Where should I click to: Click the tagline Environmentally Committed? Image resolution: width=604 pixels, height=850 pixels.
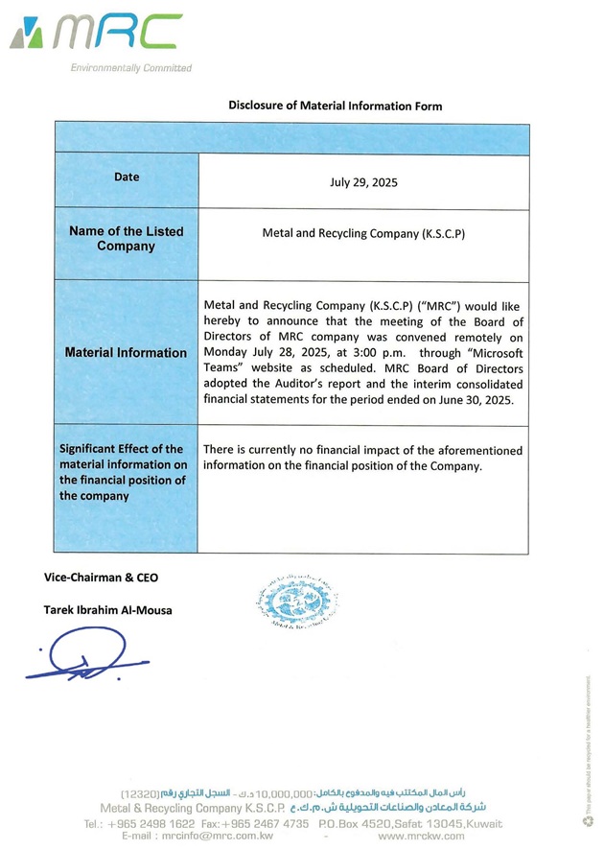point(130,68)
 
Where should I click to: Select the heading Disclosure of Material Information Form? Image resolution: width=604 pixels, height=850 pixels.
point(336,106)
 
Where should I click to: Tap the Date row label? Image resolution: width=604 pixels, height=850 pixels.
point(127,177)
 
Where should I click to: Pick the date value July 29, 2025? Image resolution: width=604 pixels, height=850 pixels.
point(363,181)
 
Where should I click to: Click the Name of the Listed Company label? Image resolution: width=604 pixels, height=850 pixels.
point(126,239)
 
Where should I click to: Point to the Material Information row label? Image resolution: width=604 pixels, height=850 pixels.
point(126,353)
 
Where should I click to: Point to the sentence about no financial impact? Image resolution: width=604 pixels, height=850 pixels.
point(363,458)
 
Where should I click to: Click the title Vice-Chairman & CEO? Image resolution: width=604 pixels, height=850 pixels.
point(101,578)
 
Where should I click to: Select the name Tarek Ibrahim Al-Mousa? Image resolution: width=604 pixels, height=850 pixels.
point(108,610)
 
